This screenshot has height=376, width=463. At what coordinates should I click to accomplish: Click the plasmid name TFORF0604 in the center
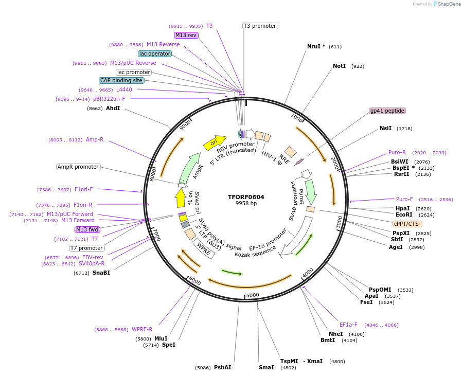click(246, 196)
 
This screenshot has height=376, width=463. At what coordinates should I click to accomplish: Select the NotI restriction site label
click(339, 66)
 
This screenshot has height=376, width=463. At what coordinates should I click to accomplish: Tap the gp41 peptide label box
click(387, 111)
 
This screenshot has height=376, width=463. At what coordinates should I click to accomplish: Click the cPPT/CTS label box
click(407, 224)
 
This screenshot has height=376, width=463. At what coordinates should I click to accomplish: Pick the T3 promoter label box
click(260, 26)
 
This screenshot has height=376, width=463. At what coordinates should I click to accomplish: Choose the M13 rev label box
click(186, 35)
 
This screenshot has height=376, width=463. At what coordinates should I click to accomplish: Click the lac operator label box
click(154, 53)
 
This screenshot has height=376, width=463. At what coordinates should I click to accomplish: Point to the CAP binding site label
click(121, 80)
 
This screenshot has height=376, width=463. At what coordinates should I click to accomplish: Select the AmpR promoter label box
click(78, 167)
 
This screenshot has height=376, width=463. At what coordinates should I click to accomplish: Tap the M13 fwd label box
click(87, 229)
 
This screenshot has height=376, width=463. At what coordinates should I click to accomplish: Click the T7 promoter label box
click(87, 248)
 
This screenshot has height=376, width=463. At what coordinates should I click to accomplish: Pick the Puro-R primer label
click(397, 152)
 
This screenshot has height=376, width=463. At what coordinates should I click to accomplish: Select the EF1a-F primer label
click(348, 325)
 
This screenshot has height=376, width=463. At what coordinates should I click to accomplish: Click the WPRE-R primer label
click(142, 329)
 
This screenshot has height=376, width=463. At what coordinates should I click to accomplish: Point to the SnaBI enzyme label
click(101, 273)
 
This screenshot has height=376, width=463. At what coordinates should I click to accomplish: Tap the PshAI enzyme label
click(222, 367)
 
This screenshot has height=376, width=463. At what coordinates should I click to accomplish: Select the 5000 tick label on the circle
click(253, 295)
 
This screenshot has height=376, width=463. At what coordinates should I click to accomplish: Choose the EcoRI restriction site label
click(404, 214)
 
